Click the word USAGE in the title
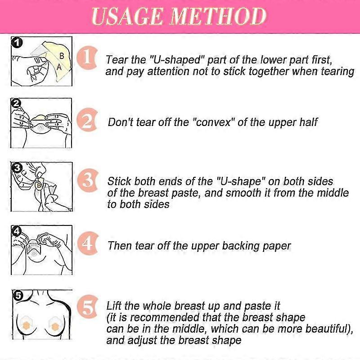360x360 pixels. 126,16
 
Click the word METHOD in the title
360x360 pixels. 218,16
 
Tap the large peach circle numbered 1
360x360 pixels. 87,58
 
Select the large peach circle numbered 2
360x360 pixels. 87,120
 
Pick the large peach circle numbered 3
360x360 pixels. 88,180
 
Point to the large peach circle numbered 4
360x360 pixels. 88,243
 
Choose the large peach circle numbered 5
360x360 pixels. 87,306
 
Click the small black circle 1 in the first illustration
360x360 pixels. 17,43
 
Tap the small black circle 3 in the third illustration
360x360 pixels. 17,168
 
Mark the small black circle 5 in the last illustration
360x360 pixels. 18,296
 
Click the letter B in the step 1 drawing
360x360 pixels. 62,56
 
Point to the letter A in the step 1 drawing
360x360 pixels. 59,67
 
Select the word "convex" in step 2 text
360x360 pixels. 211,122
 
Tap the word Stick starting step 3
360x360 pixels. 119,181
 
